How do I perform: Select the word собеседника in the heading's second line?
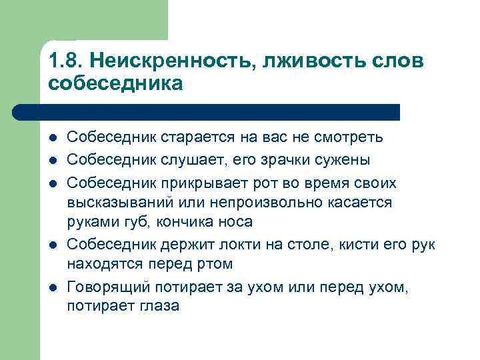pos(115,83)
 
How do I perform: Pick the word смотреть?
pos(348,137)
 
